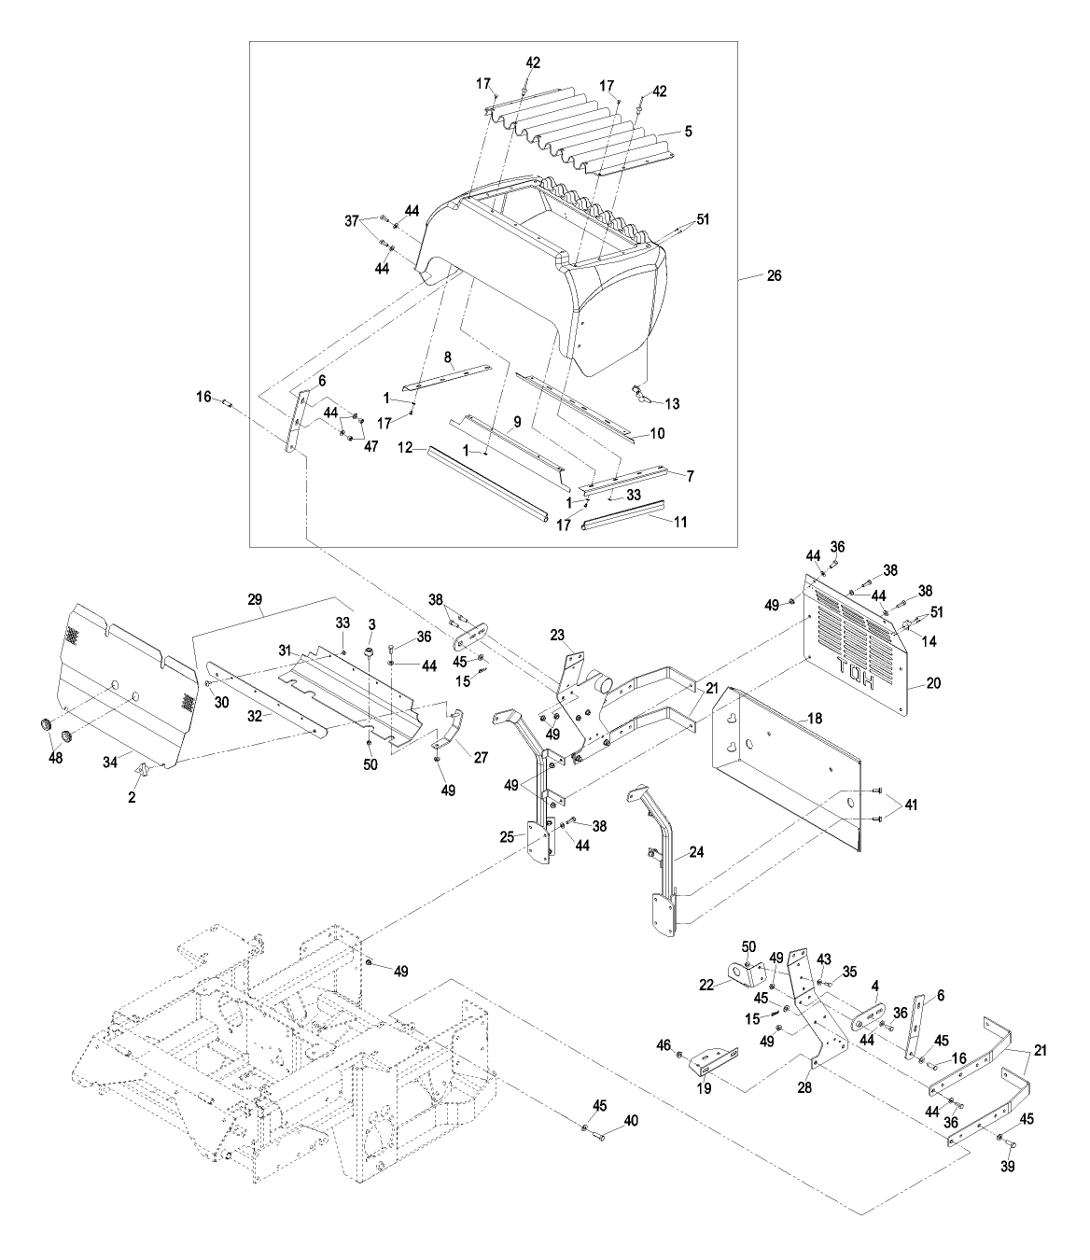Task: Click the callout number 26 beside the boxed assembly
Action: click(x=774, y=275)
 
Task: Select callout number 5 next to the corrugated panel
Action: click(x=688, y=132)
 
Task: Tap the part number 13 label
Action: click(x=673, y=403)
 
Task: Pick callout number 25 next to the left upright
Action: click(x=508, y=837)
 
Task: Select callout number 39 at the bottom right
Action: click(x=1007, y=1167)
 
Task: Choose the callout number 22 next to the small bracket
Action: click(x=707, y=983)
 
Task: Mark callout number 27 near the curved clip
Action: click(x=480, y=758)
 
